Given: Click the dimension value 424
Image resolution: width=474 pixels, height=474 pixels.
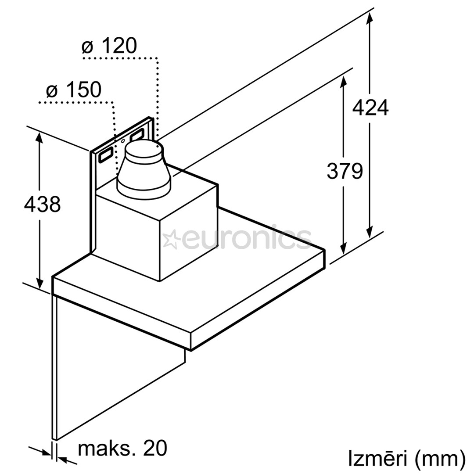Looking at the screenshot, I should [x=370, y=108].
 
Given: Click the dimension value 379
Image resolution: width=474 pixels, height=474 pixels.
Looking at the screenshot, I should [x=345, y=171].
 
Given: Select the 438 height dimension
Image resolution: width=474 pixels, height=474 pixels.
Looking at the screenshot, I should [x=42, y=204].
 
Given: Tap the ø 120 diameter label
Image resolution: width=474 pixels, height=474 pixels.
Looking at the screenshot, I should [x=110, y=46].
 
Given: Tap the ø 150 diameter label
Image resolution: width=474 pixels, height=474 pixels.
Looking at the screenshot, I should [x=74, y=90].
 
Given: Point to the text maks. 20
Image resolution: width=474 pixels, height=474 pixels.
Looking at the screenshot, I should [x=122, y=449].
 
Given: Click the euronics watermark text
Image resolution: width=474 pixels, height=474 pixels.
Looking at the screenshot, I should [x=246, y=239].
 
